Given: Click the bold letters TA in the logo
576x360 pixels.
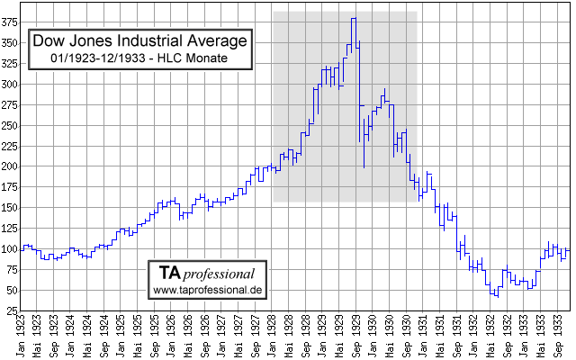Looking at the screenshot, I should tap(170, 273).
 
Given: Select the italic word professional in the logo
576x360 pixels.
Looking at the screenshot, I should tap(220, 273).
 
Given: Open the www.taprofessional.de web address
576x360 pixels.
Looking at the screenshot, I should tap(208, 290).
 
